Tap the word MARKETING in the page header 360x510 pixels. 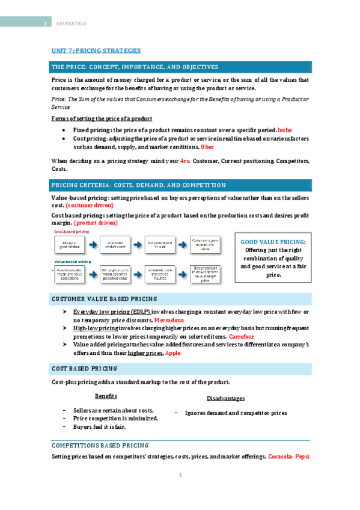click(x=71, y=23)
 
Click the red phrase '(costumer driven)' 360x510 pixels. click(x=90, y=206)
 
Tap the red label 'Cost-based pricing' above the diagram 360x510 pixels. click(x=72, y=232)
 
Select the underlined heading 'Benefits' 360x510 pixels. click(x=106, y=396)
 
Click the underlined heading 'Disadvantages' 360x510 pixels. click(x=225, y=399)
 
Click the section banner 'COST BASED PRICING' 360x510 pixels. click(x=85, y=369)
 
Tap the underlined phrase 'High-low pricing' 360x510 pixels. click(x=95, y=329)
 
